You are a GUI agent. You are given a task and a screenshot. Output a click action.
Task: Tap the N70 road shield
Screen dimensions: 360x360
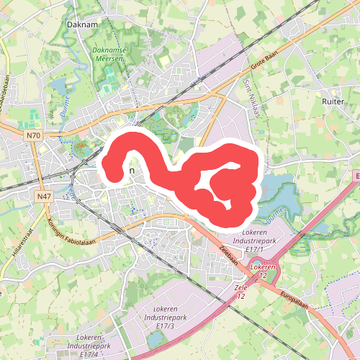[32, 135]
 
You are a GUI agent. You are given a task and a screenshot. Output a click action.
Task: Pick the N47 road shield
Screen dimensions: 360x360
[43, 195]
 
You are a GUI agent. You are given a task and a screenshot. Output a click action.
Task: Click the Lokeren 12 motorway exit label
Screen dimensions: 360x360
[264, 272]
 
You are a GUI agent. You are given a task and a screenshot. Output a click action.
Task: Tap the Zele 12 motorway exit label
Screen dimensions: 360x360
[240, 292]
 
